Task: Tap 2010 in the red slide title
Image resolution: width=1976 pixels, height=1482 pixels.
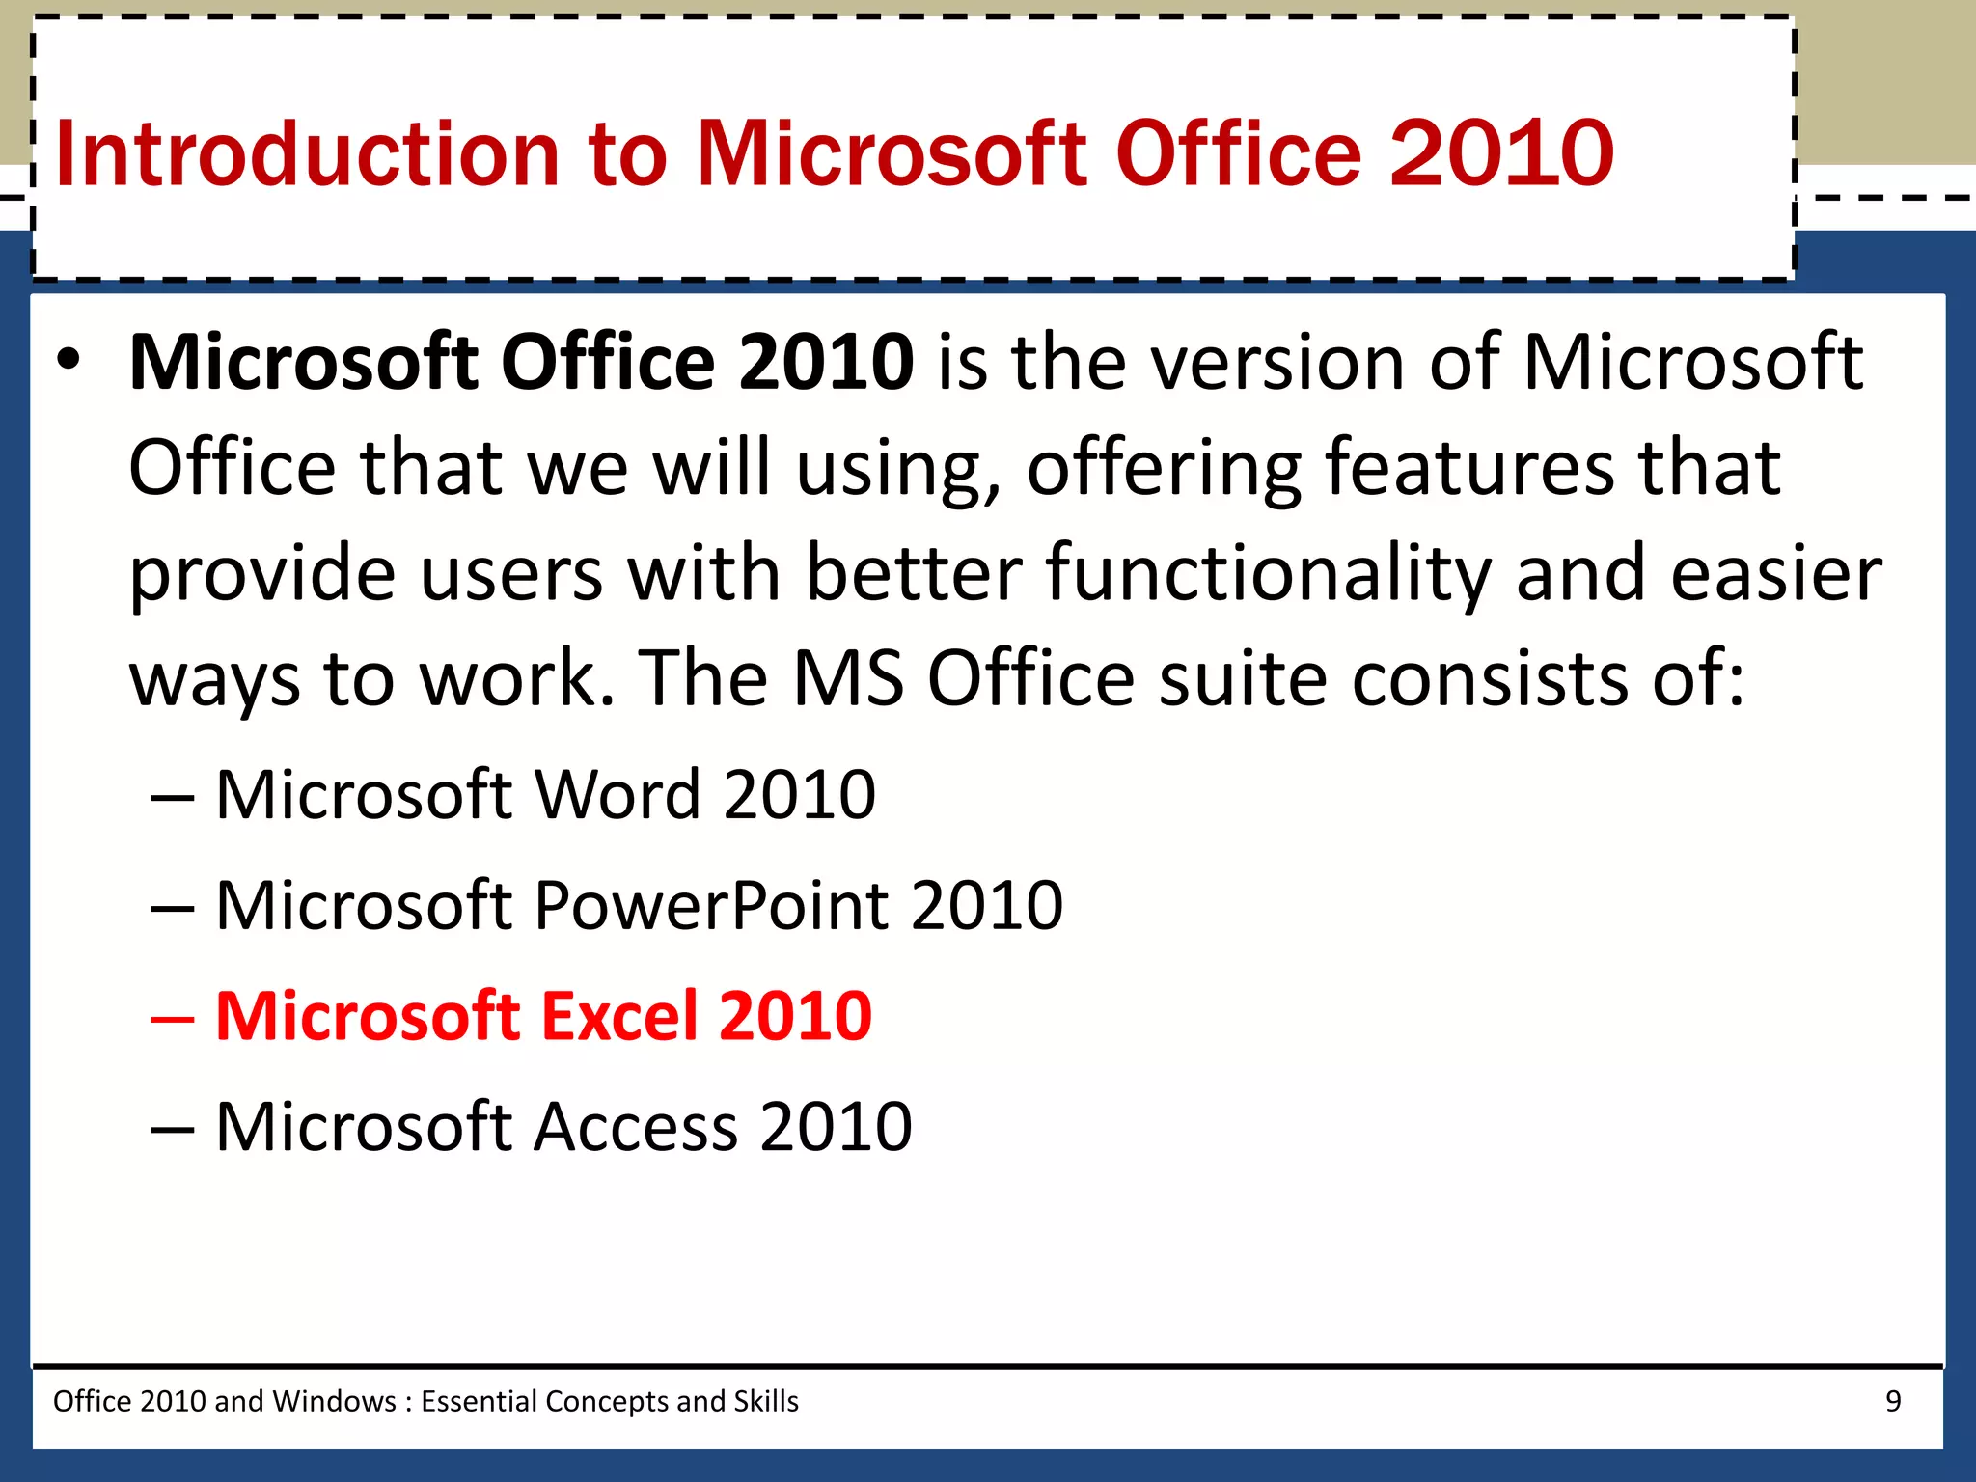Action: pos(1501,154)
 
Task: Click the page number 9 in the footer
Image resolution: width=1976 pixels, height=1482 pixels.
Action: pos(1893,1401)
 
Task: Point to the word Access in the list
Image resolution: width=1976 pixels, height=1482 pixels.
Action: pos(636,1127)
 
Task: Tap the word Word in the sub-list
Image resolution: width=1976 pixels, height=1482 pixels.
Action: pos(617,795)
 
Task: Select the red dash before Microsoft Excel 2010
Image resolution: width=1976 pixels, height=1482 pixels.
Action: pos(174,1018)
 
